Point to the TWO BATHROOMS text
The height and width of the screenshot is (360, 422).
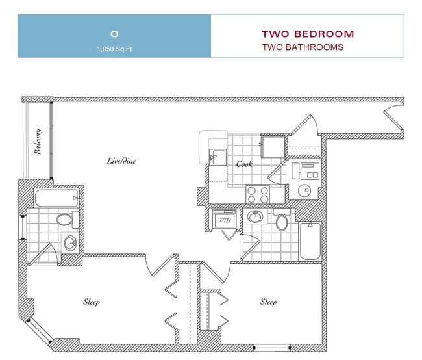(302, 47)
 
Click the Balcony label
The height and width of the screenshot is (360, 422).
(38, 142)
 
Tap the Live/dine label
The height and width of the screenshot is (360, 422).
(121, 161)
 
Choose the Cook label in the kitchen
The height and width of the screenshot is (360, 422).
(244, 164)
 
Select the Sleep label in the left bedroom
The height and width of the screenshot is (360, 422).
(91, 302)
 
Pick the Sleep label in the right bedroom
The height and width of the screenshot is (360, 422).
(268, 302)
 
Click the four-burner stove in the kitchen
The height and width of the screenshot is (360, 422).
(258, 193)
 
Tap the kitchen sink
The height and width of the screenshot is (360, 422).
(216, 157)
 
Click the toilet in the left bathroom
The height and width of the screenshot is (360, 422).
(65, 220)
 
